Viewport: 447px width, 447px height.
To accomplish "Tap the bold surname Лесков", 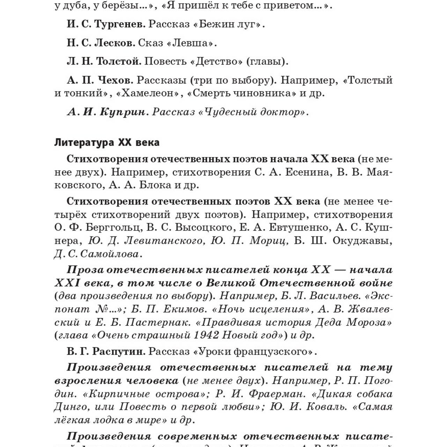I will click(x=114, y=43).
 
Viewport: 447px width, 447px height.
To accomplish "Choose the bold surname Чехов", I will click(x=114, y=80).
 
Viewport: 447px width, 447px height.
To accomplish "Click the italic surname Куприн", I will click(x=122, y=112).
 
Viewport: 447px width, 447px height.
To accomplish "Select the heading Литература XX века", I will click(x=107, y=142).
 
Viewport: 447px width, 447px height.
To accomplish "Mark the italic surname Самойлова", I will click(x=110, y=254).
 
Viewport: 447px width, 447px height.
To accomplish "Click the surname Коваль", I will click(x=327, y=407).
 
